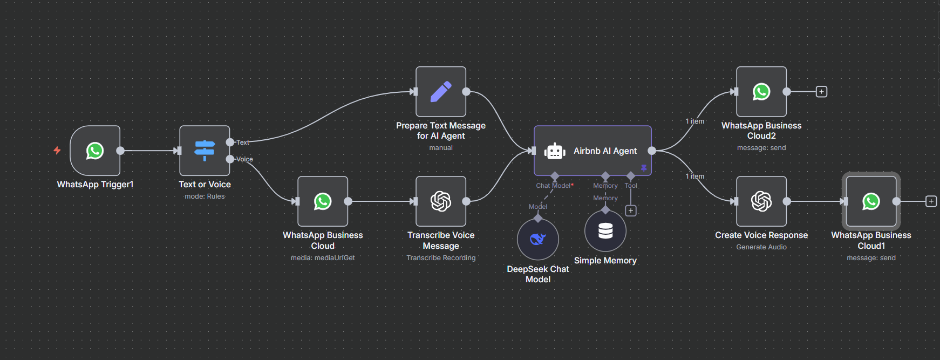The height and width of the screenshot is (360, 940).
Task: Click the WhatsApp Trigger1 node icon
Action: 95,151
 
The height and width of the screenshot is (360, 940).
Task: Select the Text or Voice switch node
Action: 205,151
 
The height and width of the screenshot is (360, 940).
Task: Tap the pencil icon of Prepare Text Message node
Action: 441,92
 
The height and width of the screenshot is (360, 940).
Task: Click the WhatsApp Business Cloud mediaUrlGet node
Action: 323,201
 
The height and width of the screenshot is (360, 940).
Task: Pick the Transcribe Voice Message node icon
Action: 441,201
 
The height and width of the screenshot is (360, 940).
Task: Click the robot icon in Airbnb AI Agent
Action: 555,151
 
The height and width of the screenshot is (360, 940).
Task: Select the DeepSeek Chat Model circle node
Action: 538,239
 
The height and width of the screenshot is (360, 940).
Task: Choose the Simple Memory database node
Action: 605,231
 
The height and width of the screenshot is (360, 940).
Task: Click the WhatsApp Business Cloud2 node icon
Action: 761,92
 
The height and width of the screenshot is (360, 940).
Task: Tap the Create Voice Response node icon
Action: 761,201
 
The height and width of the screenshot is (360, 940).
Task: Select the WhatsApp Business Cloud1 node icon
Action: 871,201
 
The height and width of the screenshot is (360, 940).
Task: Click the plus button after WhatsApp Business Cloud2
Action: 821,92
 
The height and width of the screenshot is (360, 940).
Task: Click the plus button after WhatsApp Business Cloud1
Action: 931,201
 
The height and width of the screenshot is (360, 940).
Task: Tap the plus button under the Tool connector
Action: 631,210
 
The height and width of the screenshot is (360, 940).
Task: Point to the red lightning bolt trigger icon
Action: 57,151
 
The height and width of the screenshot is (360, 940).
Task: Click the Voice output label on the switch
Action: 244,159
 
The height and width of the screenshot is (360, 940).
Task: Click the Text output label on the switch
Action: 243,142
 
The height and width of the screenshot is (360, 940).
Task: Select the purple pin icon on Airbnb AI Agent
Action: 644,168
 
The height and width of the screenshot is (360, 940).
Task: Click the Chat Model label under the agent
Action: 553,186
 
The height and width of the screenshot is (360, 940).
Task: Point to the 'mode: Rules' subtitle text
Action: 205,196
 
